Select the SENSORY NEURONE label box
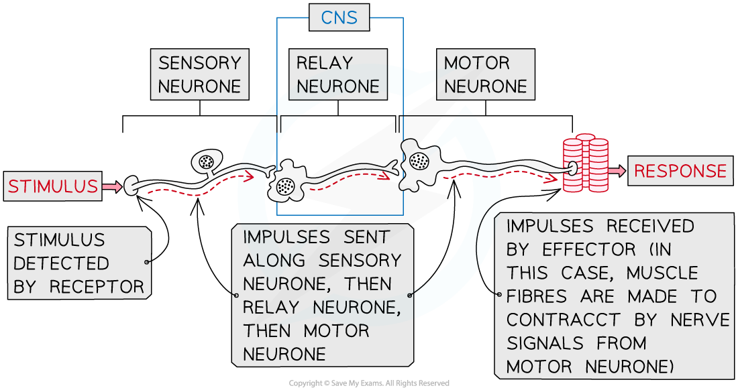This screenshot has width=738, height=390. tap(199, 74)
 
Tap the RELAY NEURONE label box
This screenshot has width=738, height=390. tap(337, 74)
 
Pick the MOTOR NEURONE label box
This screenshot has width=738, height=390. tap(485, 74)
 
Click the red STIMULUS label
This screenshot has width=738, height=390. tap(53, 186)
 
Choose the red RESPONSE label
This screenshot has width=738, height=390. tap(680, 171)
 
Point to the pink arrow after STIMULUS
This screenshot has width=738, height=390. tap(113, 186)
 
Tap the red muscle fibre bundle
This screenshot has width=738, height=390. tap(585, 165)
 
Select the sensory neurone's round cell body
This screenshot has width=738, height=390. tap(205, 161)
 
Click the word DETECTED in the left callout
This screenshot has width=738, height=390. tap(61, 263)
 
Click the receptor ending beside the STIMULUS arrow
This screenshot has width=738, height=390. tap(131, 185)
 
